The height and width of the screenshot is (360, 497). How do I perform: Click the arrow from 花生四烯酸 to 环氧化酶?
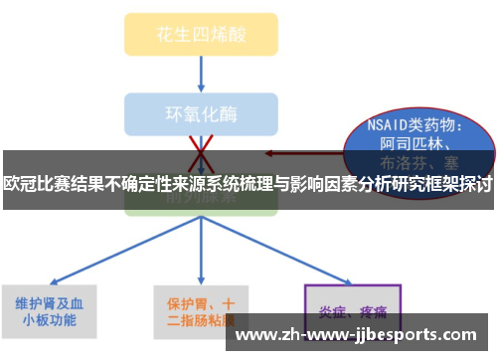point(202,75)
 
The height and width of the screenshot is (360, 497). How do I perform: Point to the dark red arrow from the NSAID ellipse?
point(298,153)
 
